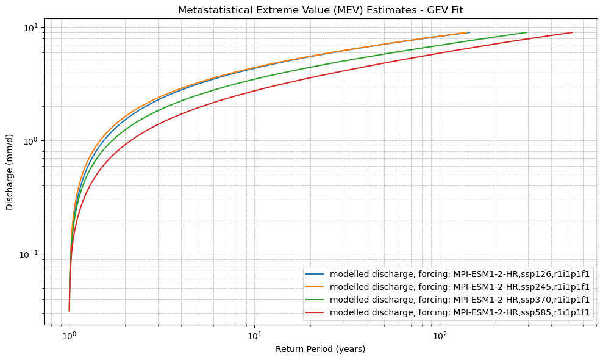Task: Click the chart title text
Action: point(320,10)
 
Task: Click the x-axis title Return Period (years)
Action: point(320,349)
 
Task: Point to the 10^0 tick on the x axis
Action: point(70,335)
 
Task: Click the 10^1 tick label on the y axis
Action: point(31,28)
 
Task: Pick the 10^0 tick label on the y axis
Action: point(31,141)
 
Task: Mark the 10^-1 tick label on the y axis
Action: point(29,254)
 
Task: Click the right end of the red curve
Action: point(572,32)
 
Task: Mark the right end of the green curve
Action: point(526,32)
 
